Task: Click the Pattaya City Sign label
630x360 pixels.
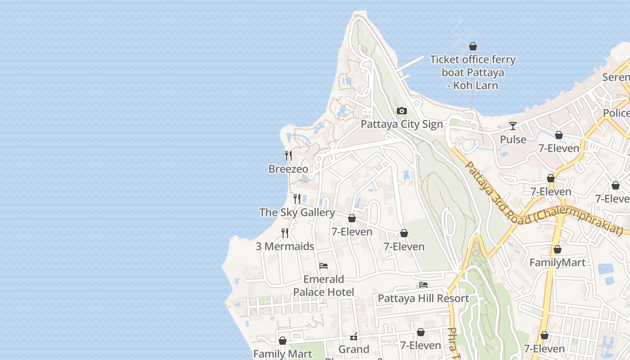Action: [402, 124]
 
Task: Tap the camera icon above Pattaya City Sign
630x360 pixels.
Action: [401, 111]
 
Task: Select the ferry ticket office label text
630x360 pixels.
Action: [472, 72]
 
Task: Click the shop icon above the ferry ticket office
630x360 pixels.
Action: [472, 46]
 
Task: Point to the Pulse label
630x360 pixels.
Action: [513, 139]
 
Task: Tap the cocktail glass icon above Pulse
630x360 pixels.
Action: [513, 126]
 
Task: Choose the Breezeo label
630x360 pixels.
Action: [288, 169]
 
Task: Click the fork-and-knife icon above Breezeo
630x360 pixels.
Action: [288, 156]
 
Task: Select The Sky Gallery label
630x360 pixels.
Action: [297, 212]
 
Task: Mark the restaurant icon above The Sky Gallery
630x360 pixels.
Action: [297, 198]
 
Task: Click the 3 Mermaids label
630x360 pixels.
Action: [285, 246]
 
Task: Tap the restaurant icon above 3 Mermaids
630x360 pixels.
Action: [285, 233]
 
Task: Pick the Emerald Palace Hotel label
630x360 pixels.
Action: [324, 286]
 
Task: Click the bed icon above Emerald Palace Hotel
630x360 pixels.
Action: [323, 266]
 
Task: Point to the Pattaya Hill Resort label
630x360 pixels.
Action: [423, 298]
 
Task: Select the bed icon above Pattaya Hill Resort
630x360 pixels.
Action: [423, 285]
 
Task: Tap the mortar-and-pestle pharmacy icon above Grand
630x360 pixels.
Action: [354, 337]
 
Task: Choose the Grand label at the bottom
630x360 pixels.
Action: [354, 349]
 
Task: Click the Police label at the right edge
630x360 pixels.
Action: [616, 113]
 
